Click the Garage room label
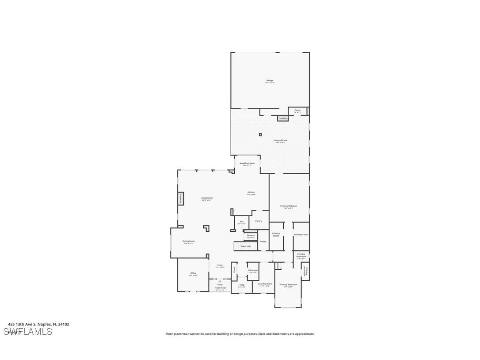270,81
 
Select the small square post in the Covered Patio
260,134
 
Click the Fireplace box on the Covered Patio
283,118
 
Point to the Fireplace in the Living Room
180,199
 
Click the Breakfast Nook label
247,164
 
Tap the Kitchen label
251,193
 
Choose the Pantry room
259,221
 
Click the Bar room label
241,222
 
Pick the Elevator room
251,236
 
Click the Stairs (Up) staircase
243,246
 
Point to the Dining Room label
189,241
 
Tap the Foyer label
220,266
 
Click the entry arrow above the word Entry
220,281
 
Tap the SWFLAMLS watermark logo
28,331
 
